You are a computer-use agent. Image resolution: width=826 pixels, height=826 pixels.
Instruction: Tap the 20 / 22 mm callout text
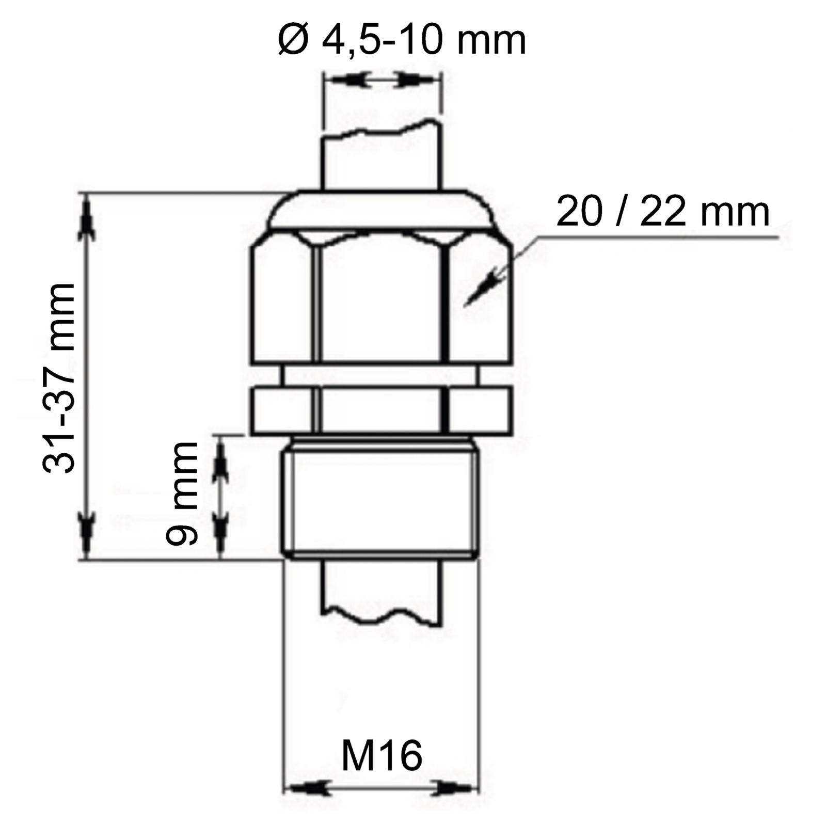663,212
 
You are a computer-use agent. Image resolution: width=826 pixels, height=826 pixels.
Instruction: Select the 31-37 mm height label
59,378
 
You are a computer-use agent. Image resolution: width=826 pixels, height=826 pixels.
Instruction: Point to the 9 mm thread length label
182,494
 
